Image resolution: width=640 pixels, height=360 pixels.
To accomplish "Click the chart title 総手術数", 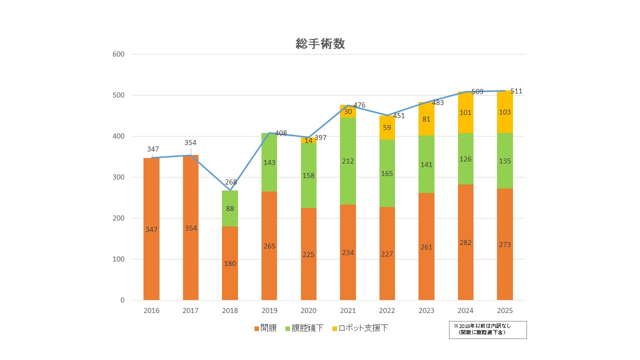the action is pos(320,43).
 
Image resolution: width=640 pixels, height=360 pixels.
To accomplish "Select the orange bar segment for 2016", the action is pos(151,229).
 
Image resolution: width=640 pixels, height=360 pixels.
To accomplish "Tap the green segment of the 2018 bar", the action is pos(230,208).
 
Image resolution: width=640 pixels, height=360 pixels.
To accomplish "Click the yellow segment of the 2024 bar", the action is pos(465,112).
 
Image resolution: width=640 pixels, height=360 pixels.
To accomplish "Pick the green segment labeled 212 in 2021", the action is pos(348,161).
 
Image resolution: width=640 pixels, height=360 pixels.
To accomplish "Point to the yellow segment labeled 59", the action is pos(387,127).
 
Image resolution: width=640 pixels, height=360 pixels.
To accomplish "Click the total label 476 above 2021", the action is pos(359,105).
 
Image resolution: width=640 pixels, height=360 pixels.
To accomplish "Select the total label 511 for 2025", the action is pos(516,91).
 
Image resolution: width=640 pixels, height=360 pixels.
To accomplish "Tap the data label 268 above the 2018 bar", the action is pos(231,182).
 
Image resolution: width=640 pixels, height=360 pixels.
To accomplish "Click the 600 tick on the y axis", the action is pos(118,54).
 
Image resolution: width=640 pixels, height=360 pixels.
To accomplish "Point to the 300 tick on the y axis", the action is pos(118,177).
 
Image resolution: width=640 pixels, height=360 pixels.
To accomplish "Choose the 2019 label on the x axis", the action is pos(269,310).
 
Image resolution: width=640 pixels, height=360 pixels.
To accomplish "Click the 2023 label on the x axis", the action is pos(426,310).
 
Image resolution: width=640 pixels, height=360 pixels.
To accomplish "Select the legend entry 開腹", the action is pos(265,328).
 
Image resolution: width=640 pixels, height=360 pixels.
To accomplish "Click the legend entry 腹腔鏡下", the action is pos(304,328).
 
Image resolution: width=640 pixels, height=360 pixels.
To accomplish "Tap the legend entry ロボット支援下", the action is pos(360,328).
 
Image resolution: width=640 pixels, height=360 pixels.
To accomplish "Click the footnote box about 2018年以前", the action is pos(487,330).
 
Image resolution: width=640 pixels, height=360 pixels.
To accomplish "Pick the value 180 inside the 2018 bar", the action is pos(230,263).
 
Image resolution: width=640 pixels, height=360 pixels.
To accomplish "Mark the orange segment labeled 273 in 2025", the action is pos(505,244).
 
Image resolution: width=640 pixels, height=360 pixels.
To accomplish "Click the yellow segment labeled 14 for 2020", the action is pos(309,140).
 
